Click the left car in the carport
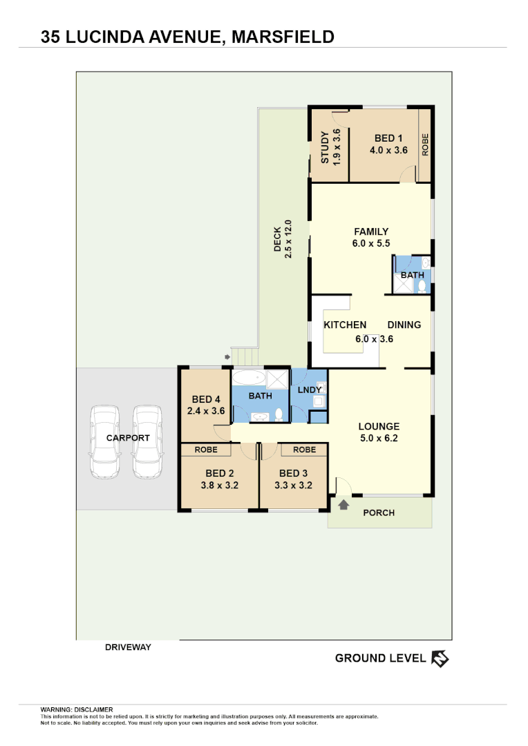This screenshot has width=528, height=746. pos(105,442)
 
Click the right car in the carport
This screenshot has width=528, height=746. pos(147,442)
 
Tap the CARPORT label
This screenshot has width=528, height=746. pos(128,438)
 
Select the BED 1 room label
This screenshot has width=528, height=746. pos(388,138)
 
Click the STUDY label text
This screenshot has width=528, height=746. pos(326,147)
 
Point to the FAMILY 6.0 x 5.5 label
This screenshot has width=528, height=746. pos(371,237)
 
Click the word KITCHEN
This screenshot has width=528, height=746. pos(346,325)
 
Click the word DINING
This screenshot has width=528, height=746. pos(404,325)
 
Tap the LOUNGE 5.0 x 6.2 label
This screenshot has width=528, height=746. pos(379,432)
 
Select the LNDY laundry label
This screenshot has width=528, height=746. pos(309,390)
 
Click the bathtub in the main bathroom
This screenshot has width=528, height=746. pos(248,379)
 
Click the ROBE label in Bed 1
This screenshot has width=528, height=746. pos(426,144)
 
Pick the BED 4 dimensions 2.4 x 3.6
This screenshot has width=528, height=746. pos(206,410)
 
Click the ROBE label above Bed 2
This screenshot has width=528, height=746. pos(206,450)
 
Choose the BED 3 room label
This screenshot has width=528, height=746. pos(293,473)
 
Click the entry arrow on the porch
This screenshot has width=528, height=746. pos(343,505)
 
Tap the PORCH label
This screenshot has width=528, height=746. pos(379,513)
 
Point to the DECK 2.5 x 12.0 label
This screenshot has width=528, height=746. pos(283,239)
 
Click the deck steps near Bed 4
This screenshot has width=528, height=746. pos(244,357)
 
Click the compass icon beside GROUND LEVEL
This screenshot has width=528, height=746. pos(440,658)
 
